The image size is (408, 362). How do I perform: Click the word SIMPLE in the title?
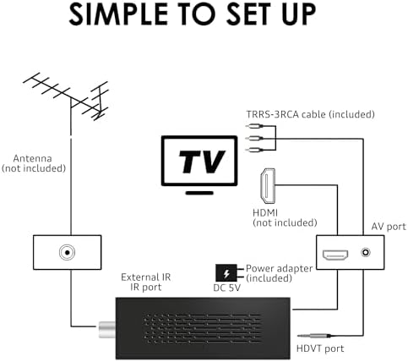(x=118, y=14)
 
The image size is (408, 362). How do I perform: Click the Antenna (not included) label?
(x=33, y=163)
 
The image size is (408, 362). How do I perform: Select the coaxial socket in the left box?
(x=67, y=252)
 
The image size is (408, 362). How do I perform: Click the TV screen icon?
(x=199, y=161)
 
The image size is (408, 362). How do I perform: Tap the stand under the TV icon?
(x=199, y=193)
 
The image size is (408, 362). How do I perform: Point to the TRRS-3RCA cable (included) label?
(x=310, y=114)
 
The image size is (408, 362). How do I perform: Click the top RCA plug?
(x=254, y=126)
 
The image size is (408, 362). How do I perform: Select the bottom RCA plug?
(x=254, y=150)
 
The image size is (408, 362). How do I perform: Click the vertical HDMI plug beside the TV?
(x=268, y=186)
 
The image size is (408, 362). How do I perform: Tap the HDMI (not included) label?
(x=285, y=217)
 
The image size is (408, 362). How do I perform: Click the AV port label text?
(x=389, y=227)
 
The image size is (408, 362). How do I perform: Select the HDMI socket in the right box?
(x=335, y=255)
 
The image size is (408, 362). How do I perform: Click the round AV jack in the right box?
(x=366, y=252)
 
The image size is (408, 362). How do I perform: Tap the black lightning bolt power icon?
(x=226, y=273)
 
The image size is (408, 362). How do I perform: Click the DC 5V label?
(x=227, y=288)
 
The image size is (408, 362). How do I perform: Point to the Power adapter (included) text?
(x=279, y=273)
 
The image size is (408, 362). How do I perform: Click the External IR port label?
(x=146, y=282)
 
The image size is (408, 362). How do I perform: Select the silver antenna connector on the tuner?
(x=107, y=329)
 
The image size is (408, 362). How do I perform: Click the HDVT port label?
(x=320, y=348)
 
